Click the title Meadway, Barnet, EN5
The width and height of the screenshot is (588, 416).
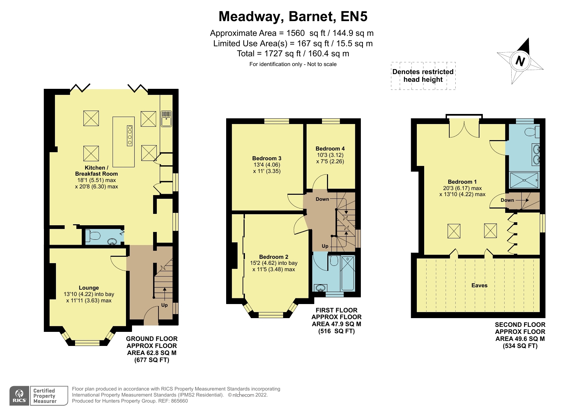293,16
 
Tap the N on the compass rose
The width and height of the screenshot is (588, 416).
520,61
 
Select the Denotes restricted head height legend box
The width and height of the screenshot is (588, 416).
423,76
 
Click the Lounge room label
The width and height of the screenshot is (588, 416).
89,288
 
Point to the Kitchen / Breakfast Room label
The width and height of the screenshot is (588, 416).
96,171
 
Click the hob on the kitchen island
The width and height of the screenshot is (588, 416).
130,135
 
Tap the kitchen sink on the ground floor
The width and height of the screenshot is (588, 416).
167,119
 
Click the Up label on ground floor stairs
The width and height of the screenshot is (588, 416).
165,305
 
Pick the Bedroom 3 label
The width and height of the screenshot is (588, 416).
267,158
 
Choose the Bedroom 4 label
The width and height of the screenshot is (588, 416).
330,148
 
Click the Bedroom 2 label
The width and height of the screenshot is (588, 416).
274,257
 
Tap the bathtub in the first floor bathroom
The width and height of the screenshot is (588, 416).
348,273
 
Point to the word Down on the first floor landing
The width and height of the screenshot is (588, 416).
322,199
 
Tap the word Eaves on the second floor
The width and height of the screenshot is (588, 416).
479,285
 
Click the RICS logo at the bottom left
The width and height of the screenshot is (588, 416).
19,396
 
